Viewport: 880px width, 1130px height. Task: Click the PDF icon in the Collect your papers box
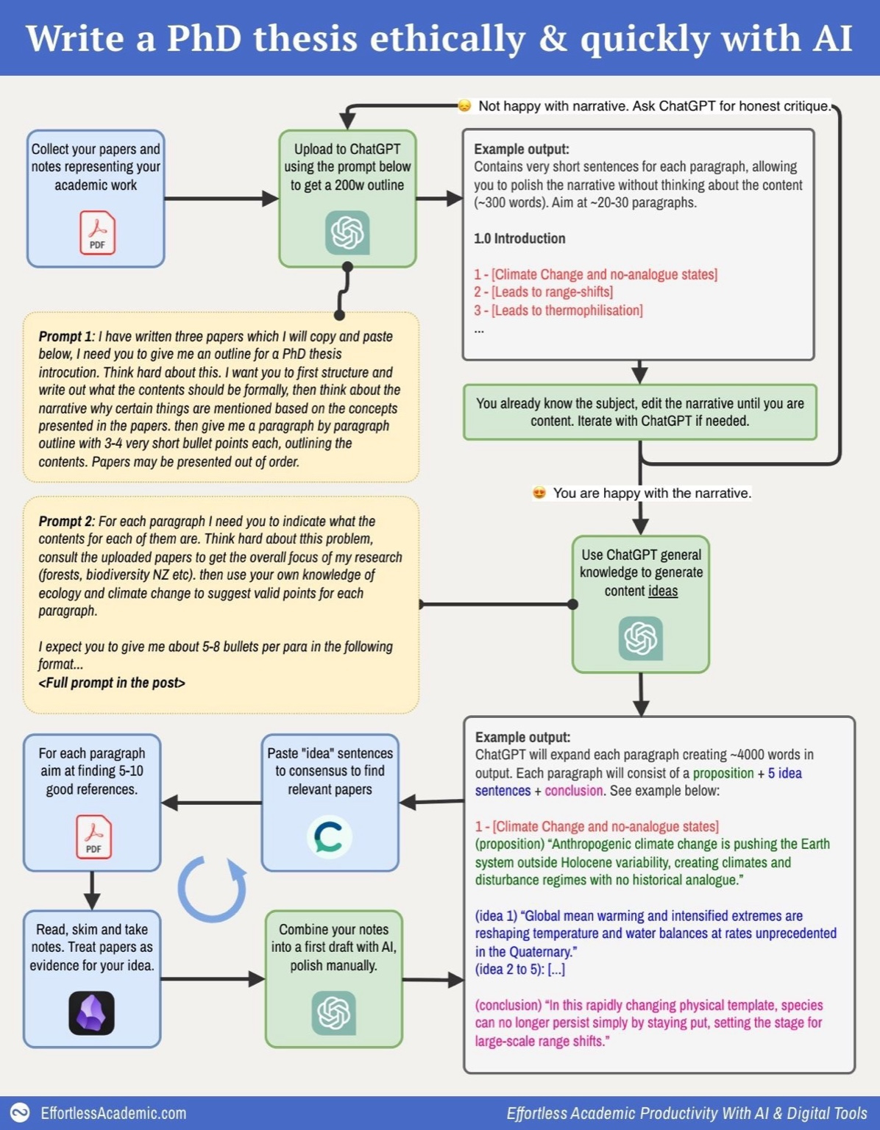[97, 232]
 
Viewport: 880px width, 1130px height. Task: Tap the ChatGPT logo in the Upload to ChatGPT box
[347, 232]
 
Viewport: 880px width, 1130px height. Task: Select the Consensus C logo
[328, 837]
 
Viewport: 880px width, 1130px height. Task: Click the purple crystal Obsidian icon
[91, 1013]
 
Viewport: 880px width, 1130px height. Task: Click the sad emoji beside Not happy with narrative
[464, 106]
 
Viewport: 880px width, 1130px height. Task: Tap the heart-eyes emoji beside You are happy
[539, 493]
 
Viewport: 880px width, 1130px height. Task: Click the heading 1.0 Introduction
[519, 238]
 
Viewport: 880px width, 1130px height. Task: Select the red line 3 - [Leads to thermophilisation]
[558, 310]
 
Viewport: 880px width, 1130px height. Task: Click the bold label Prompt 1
[65, 336]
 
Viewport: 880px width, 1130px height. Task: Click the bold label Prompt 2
[65, 521]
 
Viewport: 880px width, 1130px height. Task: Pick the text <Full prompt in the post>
[111, 683]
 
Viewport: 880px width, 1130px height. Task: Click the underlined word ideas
[662, 591]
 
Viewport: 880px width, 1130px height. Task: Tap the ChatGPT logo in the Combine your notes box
[333, 1013]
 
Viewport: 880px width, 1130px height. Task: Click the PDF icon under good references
[93, 836]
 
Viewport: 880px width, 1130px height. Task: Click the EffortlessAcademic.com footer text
[113, 1113]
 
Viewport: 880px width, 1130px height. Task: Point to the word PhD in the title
[204, 38]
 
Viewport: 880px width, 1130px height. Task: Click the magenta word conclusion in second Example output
[573, 791]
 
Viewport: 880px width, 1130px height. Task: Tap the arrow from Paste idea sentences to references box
[212, 803]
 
